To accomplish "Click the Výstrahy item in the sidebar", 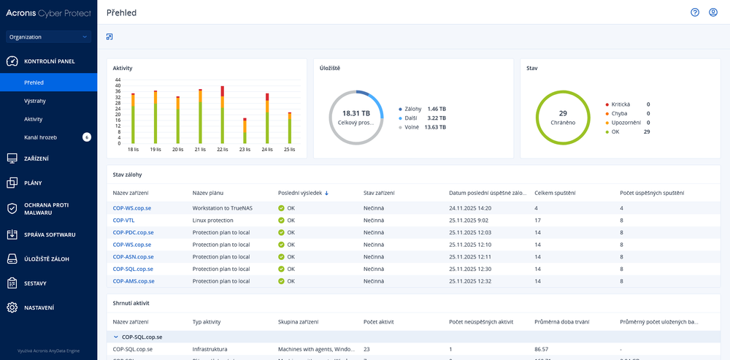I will (34, 101).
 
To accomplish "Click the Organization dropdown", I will (47, 37).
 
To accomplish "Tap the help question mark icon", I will (695, 12).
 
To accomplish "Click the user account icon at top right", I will (713, 12).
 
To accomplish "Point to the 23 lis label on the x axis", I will (245, 149).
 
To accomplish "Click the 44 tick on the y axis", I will (118, 80).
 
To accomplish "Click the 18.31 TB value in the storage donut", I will (356, 113).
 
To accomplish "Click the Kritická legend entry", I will (621, 104).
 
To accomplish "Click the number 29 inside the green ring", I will (562, 113).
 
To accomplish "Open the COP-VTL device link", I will (123, 220).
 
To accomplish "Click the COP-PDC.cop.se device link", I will (133, 232).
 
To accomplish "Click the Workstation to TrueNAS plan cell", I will (227, 208).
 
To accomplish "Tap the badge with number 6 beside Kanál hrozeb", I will (86, 137).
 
